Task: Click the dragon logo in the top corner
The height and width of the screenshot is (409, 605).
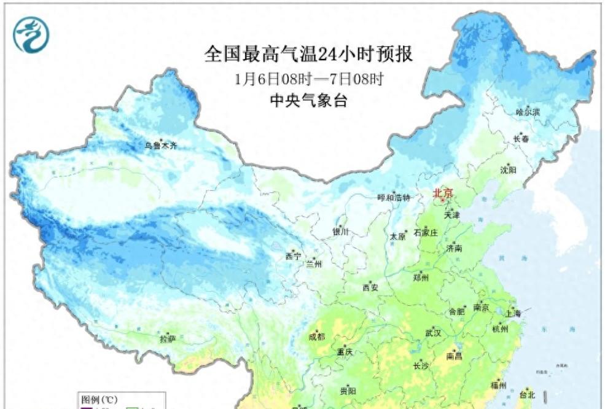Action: (x=31, y=34)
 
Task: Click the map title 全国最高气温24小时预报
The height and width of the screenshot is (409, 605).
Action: (x=308, y=55)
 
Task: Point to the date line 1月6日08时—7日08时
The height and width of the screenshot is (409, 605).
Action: (x=309, y=80)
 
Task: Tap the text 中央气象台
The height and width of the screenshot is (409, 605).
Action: (x=309, y=101)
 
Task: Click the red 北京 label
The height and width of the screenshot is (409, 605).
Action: (x=443, y=193)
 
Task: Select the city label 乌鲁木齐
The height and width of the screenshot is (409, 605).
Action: (x=160, y=146)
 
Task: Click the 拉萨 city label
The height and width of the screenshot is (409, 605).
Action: (x=168, y=338)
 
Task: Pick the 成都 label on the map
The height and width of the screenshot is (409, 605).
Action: (x=317, y=337)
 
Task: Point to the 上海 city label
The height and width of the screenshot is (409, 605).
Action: (x=513, y=313)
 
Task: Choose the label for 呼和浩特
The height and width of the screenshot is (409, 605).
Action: (x=393, y=198)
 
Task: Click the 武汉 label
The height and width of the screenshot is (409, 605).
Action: (x=432, y=333)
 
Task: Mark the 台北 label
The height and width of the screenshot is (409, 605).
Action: (x=528, y=394)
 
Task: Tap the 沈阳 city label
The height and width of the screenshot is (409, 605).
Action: (x=508, y=169)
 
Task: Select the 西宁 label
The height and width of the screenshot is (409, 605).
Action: (x=293, y=257)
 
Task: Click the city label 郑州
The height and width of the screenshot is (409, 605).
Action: (x=421, y=277)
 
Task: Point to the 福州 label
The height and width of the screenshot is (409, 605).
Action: (x=498, y=385)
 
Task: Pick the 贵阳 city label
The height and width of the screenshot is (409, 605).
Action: (x=347, y=391)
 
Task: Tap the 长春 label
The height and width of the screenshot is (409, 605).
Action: (x=521, y=139)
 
